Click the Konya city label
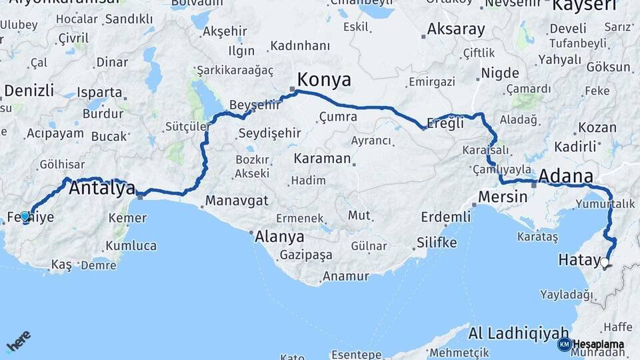(x=324, y=80)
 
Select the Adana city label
(x=565, y=176)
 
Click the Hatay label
(x=579, y=261)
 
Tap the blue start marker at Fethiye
(x=25, y=217)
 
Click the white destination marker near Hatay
(x=605, y=263)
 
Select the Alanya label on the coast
(x=280, y=237)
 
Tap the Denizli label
(x=29, y=91)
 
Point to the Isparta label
(x=99, y=92)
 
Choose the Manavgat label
(x=237, y=200)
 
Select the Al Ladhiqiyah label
(x=519, y=333)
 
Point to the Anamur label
(x=345, y=276)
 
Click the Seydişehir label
(x=270, y=133)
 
